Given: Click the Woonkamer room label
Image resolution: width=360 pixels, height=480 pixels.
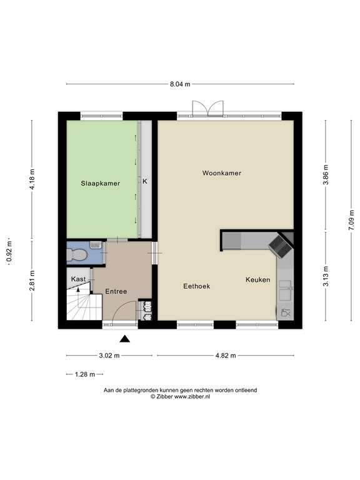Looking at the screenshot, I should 221,172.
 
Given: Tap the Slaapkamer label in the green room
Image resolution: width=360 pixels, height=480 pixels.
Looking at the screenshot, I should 100,183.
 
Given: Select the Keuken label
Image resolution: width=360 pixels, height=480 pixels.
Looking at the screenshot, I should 257,279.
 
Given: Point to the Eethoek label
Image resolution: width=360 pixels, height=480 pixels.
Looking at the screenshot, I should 196,286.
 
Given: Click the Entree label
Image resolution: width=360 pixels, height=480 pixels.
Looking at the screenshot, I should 116,291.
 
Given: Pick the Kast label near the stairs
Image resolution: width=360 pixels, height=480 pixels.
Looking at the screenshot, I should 78,279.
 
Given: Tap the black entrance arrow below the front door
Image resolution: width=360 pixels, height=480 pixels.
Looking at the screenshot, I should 125,339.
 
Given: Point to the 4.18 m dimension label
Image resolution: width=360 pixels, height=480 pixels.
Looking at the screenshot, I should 32,179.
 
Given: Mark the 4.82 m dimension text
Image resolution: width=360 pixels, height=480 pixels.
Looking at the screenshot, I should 225,356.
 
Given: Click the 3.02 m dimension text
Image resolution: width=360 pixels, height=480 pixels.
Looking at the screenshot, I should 109,356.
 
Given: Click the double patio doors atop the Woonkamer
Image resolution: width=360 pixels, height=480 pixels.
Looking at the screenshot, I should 207,109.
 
